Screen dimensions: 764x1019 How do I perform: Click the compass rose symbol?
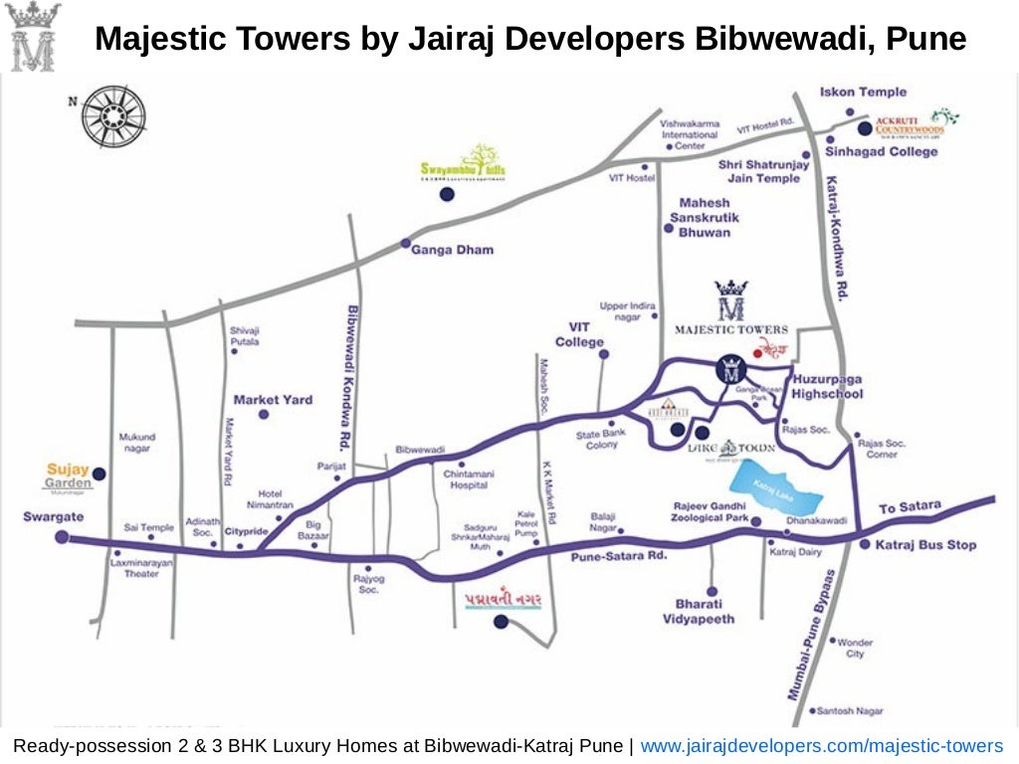pyautogui.click(x=113, y=109)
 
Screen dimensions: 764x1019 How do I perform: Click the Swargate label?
pyautogui.click(x=54, y=517)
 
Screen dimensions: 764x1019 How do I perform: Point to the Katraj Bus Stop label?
pyautogui.click(x=925, y=545)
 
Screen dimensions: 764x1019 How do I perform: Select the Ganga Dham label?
pyautogui.click(x=452, y=250)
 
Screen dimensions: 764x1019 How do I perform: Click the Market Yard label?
pyautogui.click(x=273, y=400)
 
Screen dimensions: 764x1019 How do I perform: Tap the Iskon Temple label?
pyautogui.click(x=863, y=93)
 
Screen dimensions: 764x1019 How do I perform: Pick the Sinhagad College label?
pyautogui.click(x=881, y=152)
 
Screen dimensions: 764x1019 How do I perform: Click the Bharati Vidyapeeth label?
pyautogui.click(x=699, y=612)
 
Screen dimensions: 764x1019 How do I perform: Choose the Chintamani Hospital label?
pyautogui.click(x=467, y=479)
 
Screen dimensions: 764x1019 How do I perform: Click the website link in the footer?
pyautogui.click(x=821, y=746)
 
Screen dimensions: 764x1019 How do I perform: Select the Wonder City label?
pyautogui.click(x=855, y=648)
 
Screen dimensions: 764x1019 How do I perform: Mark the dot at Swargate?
pyautogui.click(x=63, y=537)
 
